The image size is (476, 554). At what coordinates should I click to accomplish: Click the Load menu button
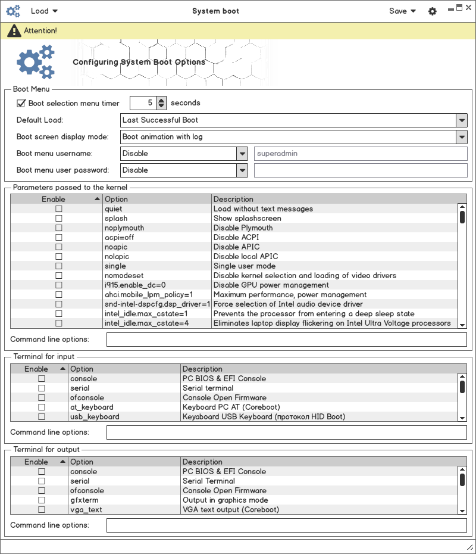tap(44, 11)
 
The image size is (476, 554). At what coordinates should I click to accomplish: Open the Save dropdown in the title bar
tap(402, 11)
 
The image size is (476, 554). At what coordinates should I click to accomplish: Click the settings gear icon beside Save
tap(433, 11)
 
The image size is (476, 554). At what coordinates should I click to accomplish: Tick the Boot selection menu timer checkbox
tap(21, 103)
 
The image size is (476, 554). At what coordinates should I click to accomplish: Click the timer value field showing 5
tap(143, 103)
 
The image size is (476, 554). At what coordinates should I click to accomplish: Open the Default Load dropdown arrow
tap(462, 120)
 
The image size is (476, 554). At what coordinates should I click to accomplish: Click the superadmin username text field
tap(361, 154)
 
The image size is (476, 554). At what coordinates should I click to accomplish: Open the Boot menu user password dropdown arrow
tap(242, 170)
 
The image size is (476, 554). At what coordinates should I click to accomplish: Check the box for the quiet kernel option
tap(58, 209)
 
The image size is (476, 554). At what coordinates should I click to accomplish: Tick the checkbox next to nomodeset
tap(58, 276)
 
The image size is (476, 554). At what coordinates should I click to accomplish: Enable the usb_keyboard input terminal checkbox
tap(42, 417)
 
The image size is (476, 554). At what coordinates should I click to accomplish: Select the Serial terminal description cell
tap(208, 388)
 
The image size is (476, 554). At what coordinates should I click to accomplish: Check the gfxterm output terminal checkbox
tap(42, 500)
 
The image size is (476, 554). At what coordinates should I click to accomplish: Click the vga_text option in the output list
tap(86, 510)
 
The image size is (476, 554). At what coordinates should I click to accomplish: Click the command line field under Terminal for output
tap(286, 525)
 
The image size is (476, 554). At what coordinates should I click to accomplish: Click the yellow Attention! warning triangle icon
tap(14, 30)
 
